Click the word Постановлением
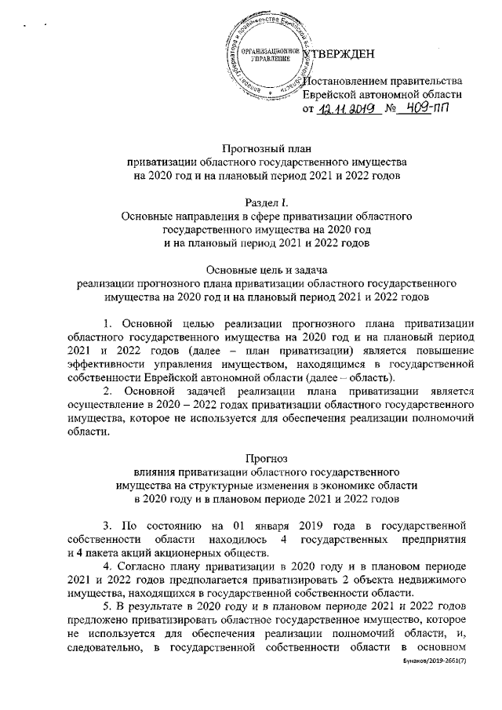click(x=343, y=81)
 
